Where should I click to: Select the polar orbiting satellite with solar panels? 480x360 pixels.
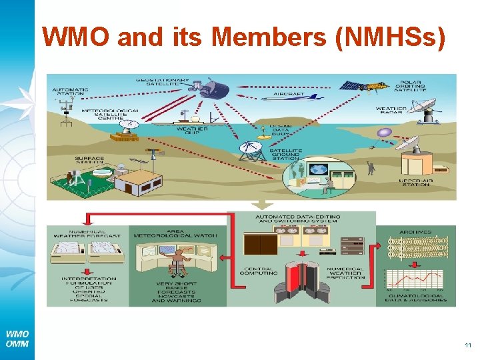(363, 86)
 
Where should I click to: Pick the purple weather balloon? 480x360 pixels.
(384, 133)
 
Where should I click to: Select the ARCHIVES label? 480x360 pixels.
(417, 232)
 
